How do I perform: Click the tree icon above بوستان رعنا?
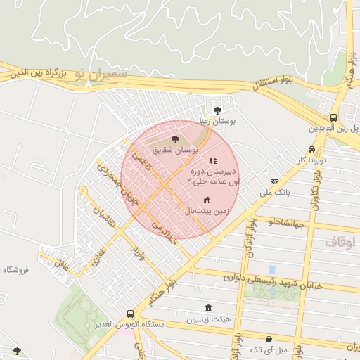217,110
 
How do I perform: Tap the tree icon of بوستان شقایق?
175,140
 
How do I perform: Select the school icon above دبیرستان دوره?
213,161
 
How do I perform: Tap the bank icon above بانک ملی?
274,182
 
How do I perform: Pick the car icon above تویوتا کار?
311,150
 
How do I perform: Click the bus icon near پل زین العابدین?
333,118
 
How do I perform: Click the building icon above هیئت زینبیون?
207,309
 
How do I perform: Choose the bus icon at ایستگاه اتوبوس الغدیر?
130,314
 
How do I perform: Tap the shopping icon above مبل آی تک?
269,339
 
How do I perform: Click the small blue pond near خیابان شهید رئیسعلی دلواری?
271,269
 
